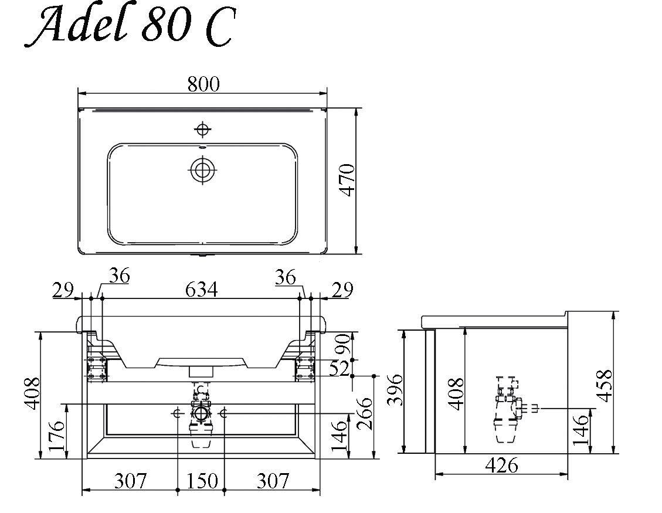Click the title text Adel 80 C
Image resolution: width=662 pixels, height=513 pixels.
tap(129, 26)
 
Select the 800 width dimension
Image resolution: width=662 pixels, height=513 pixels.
tap(203, 84)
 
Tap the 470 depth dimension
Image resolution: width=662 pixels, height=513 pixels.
tap(348, 180)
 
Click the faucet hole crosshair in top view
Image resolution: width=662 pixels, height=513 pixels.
tap(203, 129)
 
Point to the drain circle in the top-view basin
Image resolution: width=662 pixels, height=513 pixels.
tap(203, 170)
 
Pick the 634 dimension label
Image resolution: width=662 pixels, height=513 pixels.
tap(201, 290)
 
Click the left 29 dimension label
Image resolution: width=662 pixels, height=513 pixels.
tap(63, 290)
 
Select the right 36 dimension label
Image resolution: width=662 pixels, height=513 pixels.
tap(286, 277)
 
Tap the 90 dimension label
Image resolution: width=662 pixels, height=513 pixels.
tap(343, 344)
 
